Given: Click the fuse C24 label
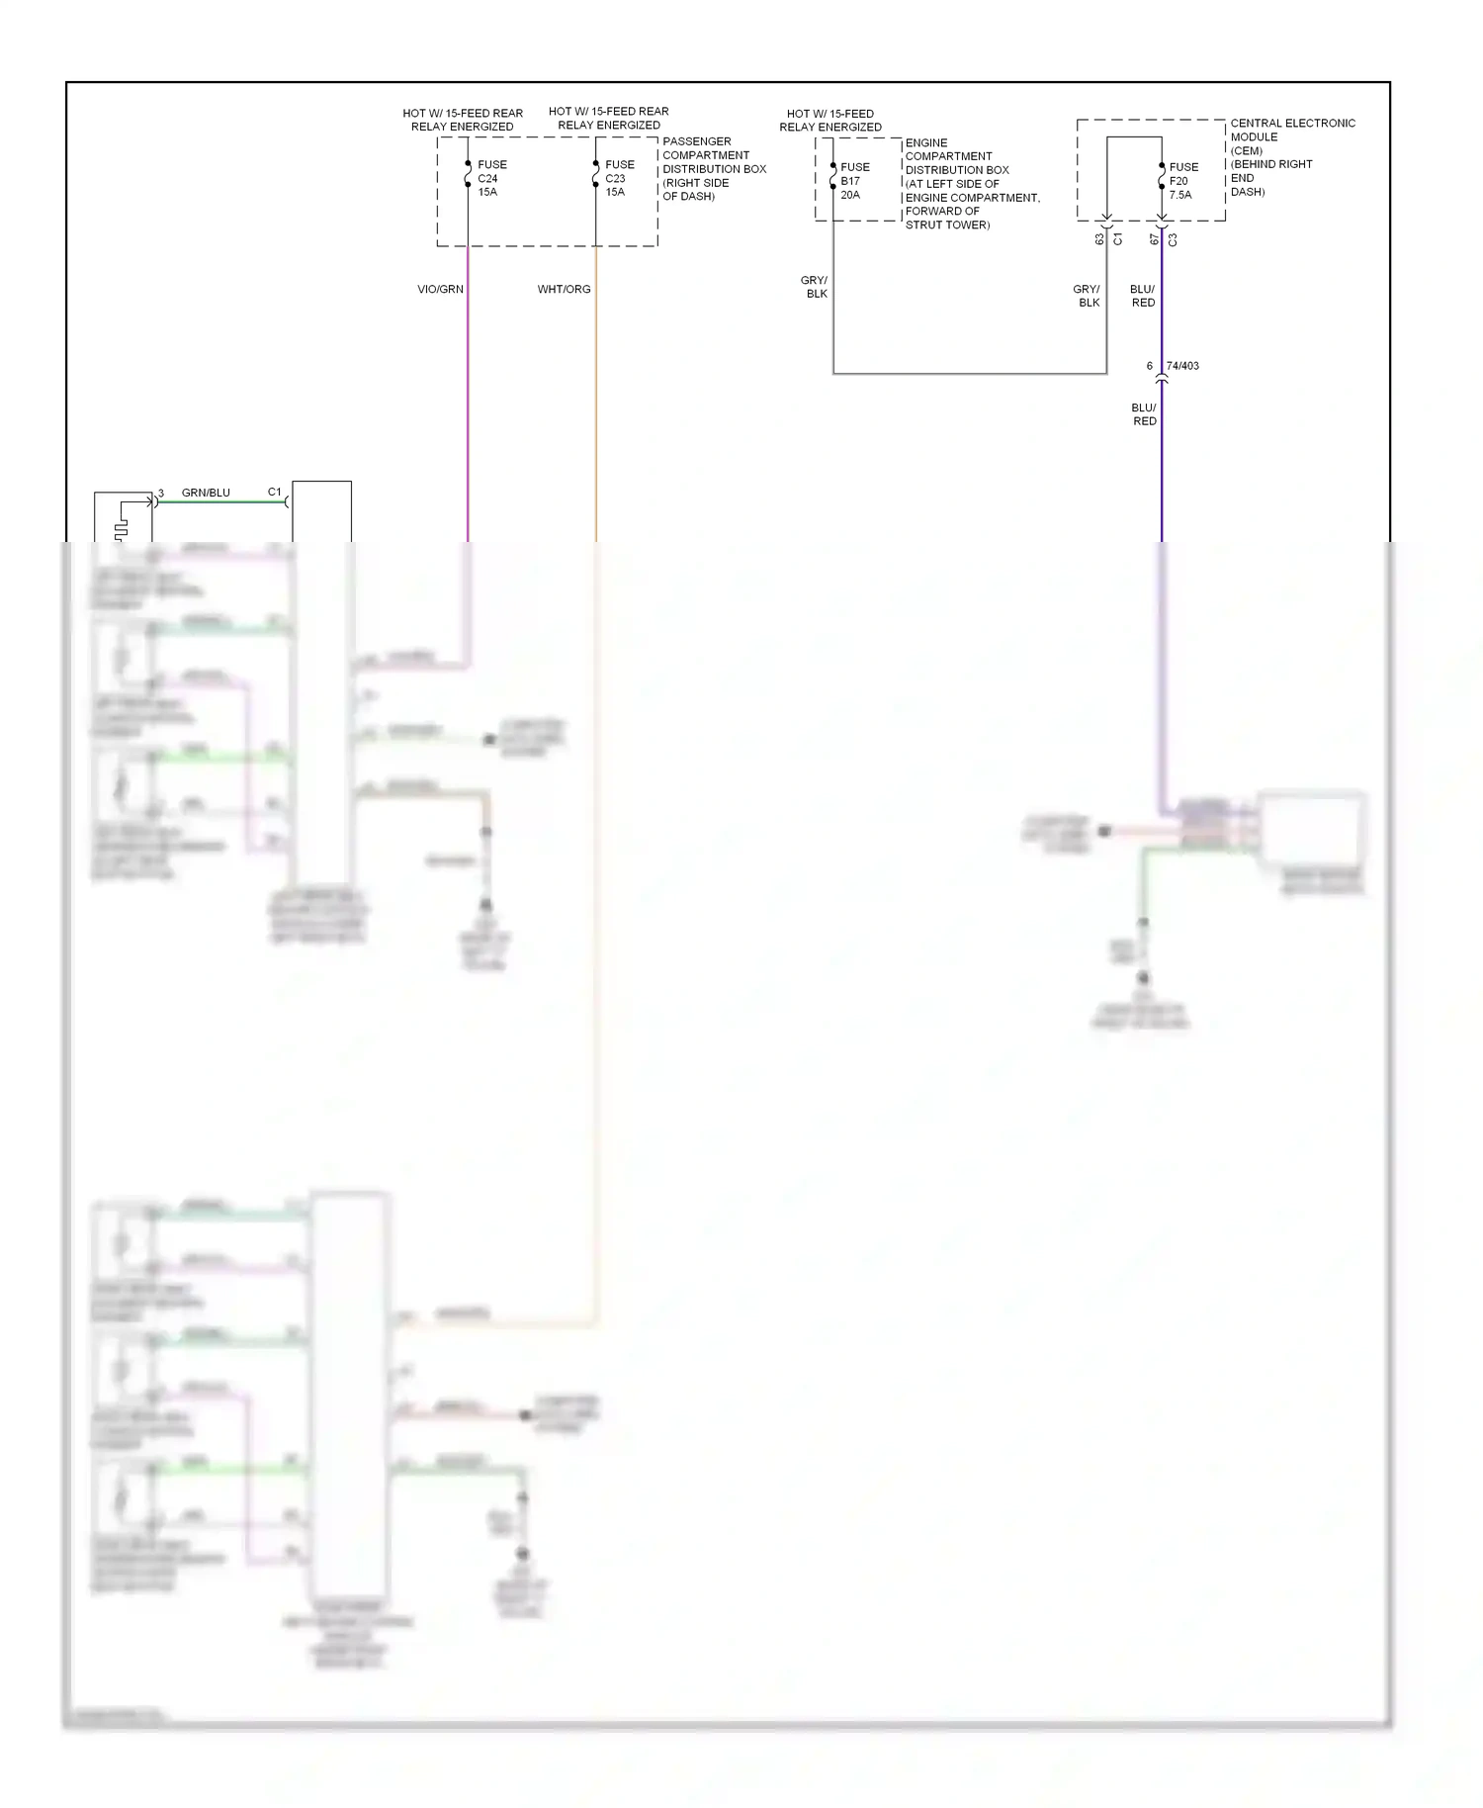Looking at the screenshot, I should [491, 179].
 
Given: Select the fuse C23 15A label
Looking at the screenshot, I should [619, 179].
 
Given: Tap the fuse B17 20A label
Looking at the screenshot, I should [854, 181].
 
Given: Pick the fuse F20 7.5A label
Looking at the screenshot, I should [1182, 181].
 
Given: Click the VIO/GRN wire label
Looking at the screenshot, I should [440, 290].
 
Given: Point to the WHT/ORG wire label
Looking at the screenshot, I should [564, 290].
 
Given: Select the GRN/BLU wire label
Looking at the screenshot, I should [206, 493].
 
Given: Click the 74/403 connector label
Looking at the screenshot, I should [1182, 366].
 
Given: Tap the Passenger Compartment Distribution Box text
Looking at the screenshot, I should [713, 169].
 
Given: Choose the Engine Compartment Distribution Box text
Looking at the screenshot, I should [971, 184].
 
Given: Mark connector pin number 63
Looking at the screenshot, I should [1099, 239].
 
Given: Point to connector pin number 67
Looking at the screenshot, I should [1154, 239].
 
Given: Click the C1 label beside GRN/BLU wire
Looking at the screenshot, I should [274, 492].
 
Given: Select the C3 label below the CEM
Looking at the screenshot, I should [1173, 239].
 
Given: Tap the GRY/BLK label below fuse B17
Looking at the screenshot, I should [815, 287].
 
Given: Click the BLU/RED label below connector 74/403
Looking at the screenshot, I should [1144, 414].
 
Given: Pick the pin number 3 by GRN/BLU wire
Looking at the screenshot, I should [161, 493].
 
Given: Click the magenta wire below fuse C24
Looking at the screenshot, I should [468, 396].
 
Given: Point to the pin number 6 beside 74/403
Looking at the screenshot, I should [1149, 366].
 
